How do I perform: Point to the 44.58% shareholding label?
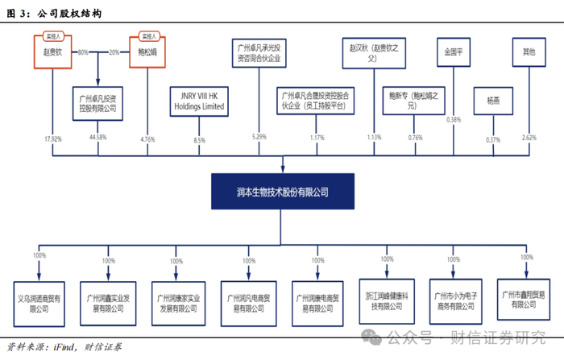pyautogui.click(x=97, y=139)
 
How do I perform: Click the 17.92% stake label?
pyautogui.click(x=52, y=139)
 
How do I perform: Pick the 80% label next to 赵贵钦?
pyautogui.click(x=82, y=52)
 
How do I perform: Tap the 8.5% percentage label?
pyautogui.click(x=200, y=139)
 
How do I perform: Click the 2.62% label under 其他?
pyautogui.click(x=529, y=139)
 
